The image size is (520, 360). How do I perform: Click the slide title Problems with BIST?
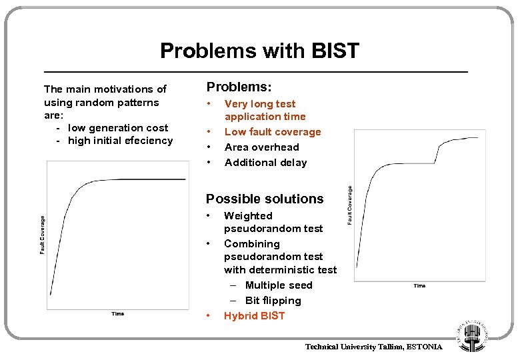(x=259, y=51)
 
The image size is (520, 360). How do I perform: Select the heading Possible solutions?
(x=265, y=199)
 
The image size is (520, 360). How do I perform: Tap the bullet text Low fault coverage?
(x=273, y=132)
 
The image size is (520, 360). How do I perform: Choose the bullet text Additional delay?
(x=265, y=163)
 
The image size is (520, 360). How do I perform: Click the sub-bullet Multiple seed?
(x=279, y=285)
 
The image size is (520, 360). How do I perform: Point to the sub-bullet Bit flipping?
(x=273, y=301)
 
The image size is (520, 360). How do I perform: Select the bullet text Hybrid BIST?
(x=254, y=316)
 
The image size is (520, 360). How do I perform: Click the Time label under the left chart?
(x=117, y=314)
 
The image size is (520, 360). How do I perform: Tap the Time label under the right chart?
(x=419, y=286)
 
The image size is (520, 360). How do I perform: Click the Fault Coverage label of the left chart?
(x=42, y=235)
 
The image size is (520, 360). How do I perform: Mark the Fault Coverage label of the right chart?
(x=351, y=205)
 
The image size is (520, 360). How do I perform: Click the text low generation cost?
(x=118, y=128)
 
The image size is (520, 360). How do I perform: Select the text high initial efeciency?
(x=120, y=141)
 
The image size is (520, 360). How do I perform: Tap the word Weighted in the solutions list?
(x=248, y=216)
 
